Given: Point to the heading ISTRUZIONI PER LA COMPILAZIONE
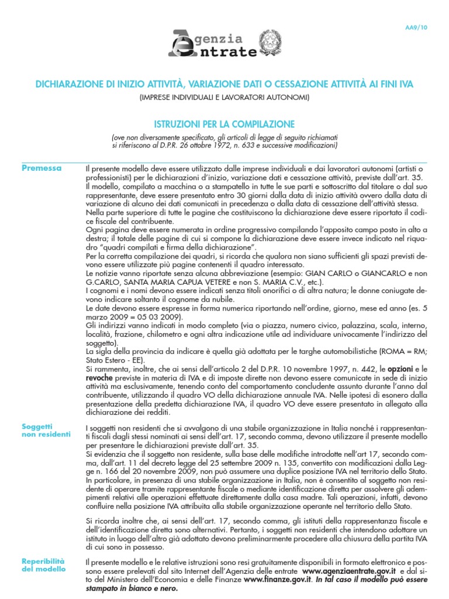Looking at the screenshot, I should click(x=224, y=124).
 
